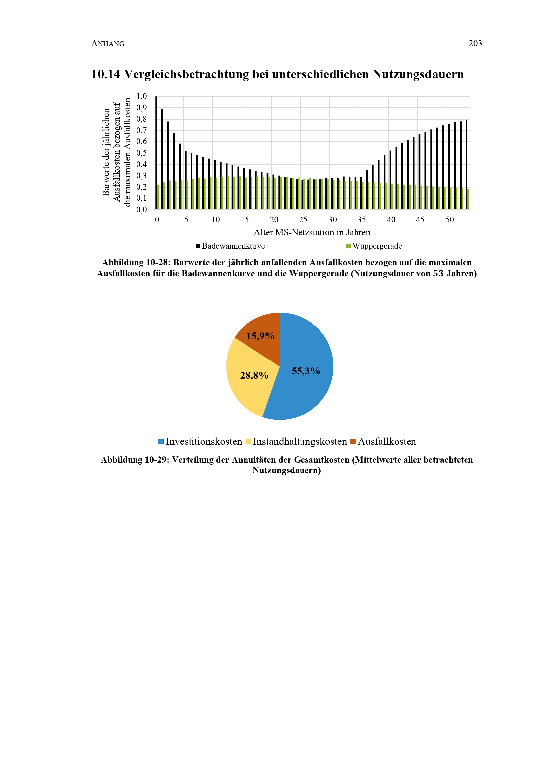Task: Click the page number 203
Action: click(475, 43)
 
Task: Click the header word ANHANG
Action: click(108, 44)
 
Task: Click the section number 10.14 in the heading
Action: click(105, 74)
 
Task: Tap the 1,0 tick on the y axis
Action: click(142, 96)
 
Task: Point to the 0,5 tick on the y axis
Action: click(142, 153)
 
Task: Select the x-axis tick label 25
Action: click(303, 220)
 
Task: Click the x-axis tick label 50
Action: click(449, 220)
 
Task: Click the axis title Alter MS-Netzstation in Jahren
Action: click(312, 232)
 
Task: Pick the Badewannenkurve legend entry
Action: click(233, 246)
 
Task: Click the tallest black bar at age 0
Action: click(156, 152)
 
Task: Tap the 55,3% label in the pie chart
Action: click(306, 371)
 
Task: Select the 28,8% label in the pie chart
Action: click(254, 375)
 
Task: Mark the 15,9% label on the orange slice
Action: click(260, 336)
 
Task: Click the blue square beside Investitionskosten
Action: click(161, 441)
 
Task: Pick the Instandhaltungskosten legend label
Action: click(300, 441)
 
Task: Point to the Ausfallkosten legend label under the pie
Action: click(387, 441)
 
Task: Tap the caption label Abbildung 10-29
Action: click(134, 460)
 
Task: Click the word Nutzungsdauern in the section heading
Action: click(418, 74)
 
